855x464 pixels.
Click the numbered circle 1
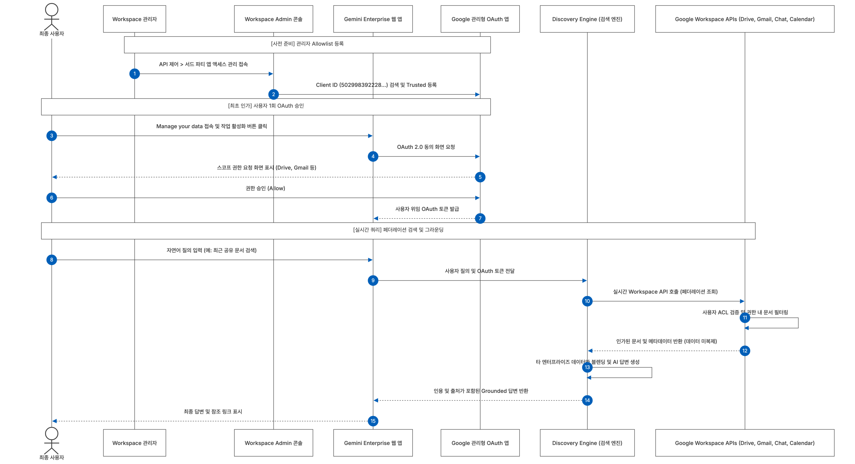pyautogui.click(x=135, y=74)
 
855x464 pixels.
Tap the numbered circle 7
pyautogui.click(x=480, y=218)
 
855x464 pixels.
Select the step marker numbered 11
pyautogui.click(x=745, y=317)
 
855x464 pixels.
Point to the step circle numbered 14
pyautogui.click(x=587, y=400)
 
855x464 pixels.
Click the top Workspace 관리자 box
pyautogui.click(x=135, y=19)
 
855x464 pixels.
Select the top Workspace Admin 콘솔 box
pyautogui.click(x=274, y=19)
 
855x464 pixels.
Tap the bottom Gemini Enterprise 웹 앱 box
pyautogui.click(x=373, y=443)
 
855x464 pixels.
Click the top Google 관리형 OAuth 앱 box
pyautogui.click(x=480, y=19)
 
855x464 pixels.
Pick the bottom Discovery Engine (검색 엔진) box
pyautogui.click(x=587, y=443)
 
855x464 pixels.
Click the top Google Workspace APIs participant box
pyautogui.click(x=745, y=19)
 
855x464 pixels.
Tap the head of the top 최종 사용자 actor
pyautogui.click(x=52, y=10)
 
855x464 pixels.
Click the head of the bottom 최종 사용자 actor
pyautogui.click(x=52, y=434)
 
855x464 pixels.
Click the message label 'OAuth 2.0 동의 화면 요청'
pyautogui.click(x=426, y=147)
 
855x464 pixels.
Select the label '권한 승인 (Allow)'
pyautogui.click(x=265, y=188)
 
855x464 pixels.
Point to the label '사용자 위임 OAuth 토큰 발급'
pyautogui.click(x=427, y=209)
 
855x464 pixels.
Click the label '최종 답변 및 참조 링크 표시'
pyautogui.click(x=213, y=412)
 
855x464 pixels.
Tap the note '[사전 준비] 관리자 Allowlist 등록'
pyautogui.click(x=307, y=45)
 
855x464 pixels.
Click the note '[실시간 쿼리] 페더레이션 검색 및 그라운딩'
pyautogui.click(x=398, y=231)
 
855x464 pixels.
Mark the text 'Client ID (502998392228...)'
pyautogui.click(x=352, y=85)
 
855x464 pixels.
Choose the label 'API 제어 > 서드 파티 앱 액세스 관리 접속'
pyautogui.click(x=203, y=64)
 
